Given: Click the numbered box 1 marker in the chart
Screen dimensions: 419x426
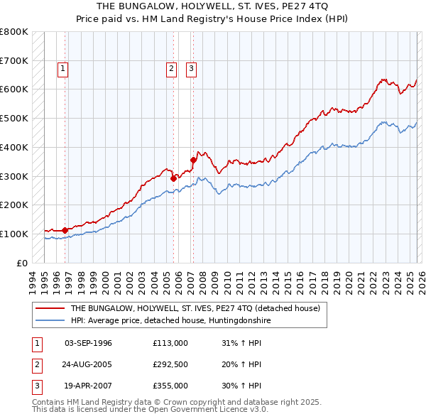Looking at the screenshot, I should (x=63, y=69).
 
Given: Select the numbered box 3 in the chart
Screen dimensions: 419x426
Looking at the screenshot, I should (x=192, y=69).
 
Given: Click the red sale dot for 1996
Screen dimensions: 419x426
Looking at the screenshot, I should (x=65, y=230).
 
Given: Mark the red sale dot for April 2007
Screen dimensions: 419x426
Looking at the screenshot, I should (x=193, y=160).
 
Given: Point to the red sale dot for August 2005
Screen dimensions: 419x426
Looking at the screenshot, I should (x=173, y=178).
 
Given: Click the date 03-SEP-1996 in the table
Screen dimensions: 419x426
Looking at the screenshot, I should (x=88, y=343).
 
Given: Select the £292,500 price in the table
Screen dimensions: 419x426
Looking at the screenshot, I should (x=170, y=364).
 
